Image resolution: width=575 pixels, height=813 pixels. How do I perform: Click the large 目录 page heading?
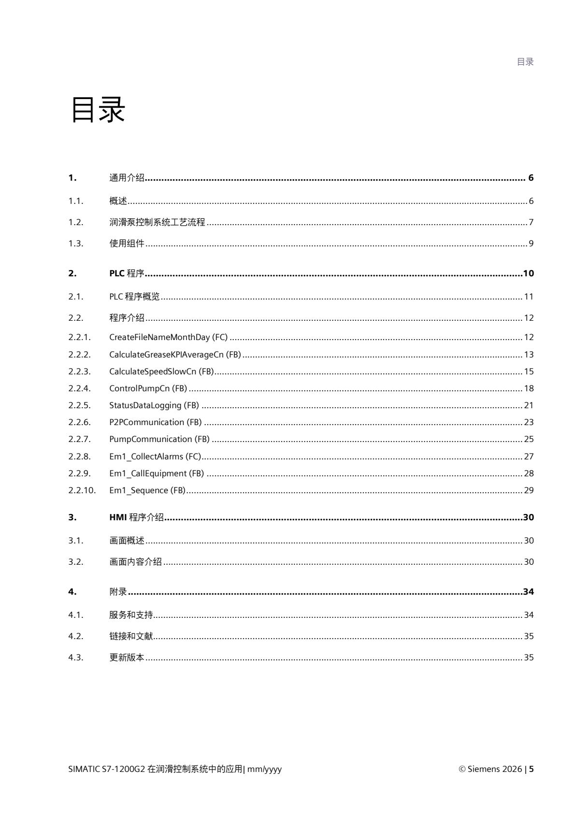click(x=98, y=109)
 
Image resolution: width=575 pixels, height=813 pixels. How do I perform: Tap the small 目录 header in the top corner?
click(x=525, y=62)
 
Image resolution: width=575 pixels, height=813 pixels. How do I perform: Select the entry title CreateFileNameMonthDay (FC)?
click(x=168, y=337)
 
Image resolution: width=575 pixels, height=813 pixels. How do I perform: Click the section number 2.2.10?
click(x=82, y=490)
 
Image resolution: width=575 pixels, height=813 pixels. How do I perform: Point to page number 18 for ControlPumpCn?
click(x=529, y=388)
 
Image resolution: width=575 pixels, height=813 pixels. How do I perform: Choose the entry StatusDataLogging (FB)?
click(x=154, y=405)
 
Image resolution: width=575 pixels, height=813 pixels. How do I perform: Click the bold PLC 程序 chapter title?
click(x=127, y=273)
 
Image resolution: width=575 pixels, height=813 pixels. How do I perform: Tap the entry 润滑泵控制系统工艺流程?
click(x=157, y=222)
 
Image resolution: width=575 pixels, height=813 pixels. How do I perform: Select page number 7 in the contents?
click(x=531, y=222)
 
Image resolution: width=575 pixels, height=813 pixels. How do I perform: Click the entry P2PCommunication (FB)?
click(x=155, y=422)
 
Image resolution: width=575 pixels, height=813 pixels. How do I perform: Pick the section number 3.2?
click(x=75, y=562)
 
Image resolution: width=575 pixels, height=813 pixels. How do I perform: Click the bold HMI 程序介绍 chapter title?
click(x=136, y=517)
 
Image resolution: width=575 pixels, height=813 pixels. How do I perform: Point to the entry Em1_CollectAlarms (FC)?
click(x=155, y=456)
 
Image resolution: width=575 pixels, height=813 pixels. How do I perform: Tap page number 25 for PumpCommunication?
click(x=529, y=439)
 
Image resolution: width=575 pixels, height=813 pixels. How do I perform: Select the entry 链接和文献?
click(x=131, y=636)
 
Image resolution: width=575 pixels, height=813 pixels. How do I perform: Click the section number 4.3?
click(x=75, y=657)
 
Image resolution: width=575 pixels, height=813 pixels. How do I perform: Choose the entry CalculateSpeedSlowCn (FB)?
click(x=161, y=371)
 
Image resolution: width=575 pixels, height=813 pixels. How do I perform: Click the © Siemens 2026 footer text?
click(x=490, y=769)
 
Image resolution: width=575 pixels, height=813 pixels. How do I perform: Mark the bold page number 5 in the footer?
click(x=532, y=769)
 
